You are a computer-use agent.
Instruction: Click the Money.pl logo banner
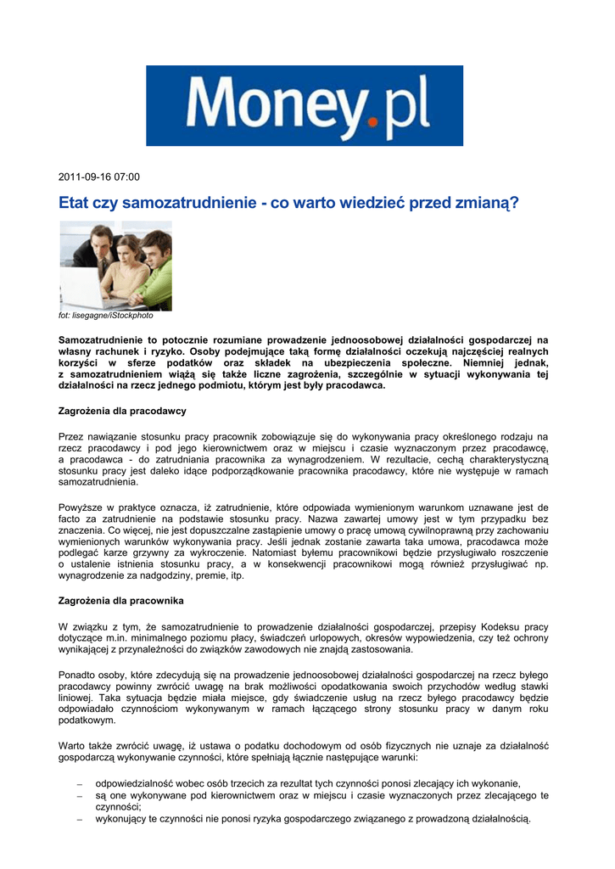(x=306, y=106)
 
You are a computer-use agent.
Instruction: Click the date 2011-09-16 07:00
(x=98, y=177)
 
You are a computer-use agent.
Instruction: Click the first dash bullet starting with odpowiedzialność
(x=78, y=783)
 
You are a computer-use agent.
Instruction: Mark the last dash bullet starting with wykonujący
(x=78, y=820)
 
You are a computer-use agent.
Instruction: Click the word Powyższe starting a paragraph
(x=81, y=507)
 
